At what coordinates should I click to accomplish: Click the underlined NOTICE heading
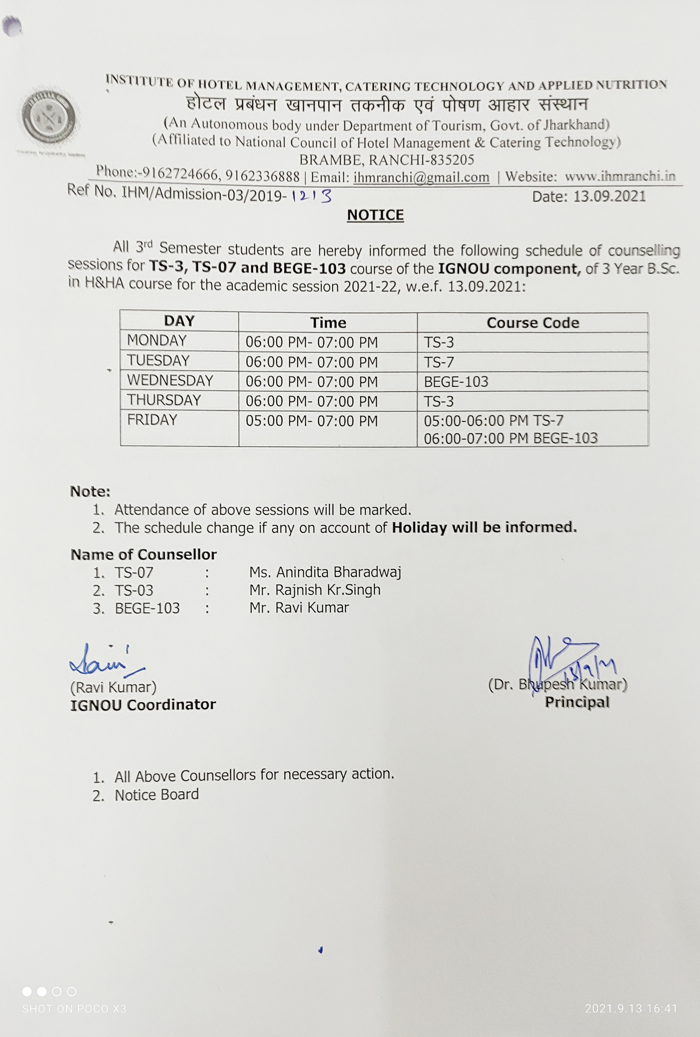pyautogui.click(x=375, y=215)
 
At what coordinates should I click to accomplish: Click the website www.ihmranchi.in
pyautogui.click(x=620, y=176)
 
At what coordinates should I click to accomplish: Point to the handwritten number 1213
pyautogui.click(x=311, y=196)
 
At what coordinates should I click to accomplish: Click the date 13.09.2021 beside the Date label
pyautogui.click(x=609, y=196)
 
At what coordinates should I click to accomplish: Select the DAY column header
pyautogui.click(x=179, y=321)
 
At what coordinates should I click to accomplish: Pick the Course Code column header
pyautogui.click(x=533, y=323)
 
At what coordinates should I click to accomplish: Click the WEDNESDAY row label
pyautogui.click(x=170, y=380)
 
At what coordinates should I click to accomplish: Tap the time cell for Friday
pyautogui.click(x=311, y=421)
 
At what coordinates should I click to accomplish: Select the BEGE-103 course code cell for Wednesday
pyautogui.click(x=456, y=382)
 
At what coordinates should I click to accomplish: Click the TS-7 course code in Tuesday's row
pyautogui.click(x=439, y=362)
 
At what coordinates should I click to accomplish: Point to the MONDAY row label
pyautogui.click(x=156, y=341)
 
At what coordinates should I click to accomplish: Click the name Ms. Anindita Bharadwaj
pyautogui.click(x=325, y=572)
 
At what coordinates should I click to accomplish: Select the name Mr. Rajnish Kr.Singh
pyautogui.click(x=315, y=590)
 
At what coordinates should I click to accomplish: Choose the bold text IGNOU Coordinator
pyautogui.click(x=143, y=704)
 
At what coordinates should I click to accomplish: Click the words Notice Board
pyautogui.click(x=156, y=795)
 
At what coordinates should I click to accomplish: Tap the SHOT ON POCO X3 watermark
pyautogui.click(x=74, y=1009)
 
